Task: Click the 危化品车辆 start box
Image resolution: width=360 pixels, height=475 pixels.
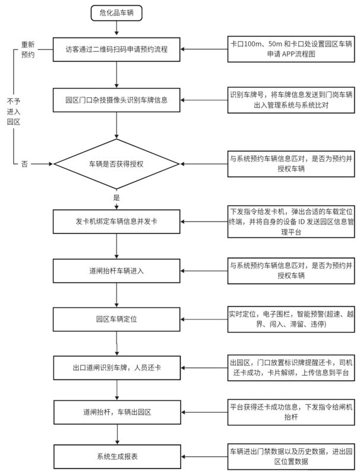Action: coord(116,13)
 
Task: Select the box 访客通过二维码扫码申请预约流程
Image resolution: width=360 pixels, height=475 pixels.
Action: coord(116,49)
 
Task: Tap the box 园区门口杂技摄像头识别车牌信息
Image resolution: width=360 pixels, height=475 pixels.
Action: coord(116,100)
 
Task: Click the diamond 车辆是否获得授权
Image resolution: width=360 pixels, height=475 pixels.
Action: coord(116,164)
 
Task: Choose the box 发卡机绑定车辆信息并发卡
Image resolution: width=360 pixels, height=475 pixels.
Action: coord(116,221)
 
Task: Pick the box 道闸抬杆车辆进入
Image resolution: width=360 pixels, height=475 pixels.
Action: coord(116,271)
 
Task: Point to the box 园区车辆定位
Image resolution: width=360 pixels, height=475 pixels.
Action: coord(116,319)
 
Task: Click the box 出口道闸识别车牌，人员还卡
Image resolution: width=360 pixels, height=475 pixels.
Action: coord(117,368)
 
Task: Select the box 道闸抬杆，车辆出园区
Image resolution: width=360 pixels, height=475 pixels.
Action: coord(117,412)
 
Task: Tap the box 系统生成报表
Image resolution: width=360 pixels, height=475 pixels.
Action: coord(117,457)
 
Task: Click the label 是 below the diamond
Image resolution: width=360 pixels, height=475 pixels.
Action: coord(116,198)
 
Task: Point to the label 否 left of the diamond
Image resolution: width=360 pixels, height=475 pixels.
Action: coord(24,164)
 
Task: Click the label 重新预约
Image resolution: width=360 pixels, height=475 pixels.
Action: coord(27,50)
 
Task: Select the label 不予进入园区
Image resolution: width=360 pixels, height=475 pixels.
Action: coord(14,112)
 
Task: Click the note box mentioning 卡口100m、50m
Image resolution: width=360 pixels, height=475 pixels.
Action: coord(291,49)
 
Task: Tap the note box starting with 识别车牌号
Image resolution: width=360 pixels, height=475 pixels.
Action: coord(291,100)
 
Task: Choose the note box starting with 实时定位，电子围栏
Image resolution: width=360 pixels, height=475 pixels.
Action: coord(291,319)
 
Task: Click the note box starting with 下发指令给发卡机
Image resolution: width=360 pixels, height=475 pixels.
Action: coord(291,221)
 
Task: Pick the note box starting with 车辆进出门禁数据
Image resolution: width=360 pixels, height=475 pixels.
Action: coord(291,457)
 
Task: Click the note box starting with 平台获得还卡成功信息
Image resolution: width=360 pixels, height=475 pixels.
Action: coord(291,412)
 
